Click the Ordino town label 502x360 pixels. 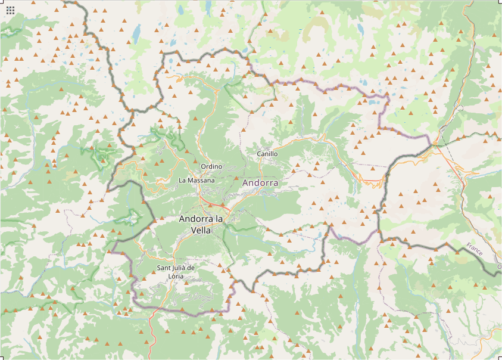[211, 166]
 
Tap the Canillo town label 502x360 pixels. [267, 154]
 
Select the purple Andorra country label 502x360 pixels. [260, 183]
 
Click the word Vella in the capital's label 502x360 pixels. [201, 230]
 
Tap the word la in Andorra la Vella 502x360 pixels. [219, 219]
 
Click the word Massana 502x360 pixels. [202, 179]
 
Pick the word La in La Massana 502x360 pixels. [183, 179]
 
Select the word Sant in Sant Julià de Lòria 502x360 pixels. [164, 268]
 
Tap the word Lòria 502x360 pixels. [176, 276]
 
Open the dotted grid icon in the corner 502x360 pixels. [10, 10]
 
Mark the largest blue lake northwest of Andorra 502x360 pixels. [136, 32]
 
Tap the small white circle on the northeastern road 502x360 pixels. [461, 108]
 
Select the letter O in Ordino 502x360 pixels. [204, 166]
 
